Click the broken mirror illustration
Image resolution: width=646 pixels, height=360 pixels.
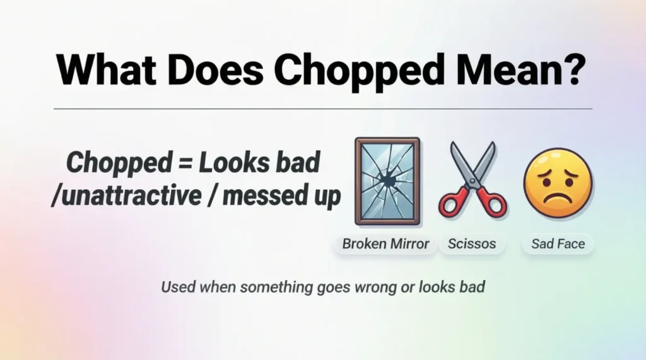(387, 182)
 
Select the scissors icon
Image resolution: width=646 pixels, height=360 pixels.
(473, 180)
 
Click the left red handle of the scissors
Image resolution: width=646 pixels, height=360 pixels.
(454, 204)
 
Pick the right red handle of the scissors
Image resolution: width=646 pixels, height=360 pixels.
(491, 203)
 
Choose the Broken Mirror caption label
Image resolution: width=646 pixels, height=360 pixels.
(385, 243)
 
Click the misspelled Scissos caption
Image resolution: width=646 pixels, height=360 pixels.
(472, 243)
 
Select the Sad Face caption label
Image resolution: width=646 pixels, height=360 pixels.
(558, 243)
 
